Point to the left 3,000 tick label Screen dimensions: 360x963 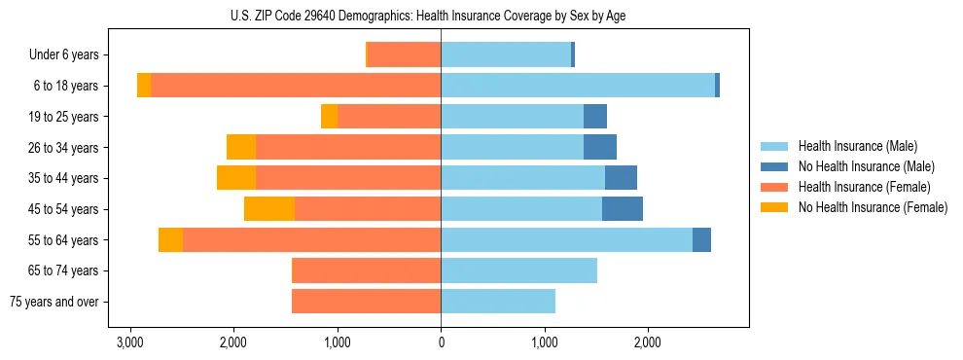[129, 342]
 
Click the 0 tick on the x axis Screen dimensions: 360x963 [441, 342]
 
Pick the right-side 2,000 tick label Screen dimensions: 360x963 [648, 342]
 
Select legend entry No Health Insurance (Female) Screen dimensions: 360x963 [873, 207]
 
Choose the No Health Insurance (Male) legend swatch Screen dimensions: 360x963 [775, 166]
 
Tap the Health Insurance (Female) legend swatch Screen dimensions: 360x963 [775, 187]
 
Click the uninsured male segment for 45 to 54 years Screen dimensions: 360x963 [623, 209]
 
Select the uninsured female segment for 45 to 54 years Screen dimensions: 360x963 [269, 209]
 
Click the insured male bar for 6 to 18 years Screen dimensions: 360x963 [578, 86]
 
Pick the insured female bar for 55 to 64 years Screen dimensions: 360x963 [311, 239]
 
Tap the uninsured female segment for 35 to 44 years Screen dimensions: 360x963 [236, 178]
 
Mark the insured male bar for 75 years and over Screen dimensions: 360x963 [498, 302]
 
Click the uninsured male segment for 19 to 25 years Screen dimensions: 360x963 [595, 117]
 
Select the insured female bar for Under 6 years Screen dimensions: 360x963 [405, 54]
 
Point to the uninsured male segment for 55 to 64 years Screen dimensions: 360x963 [701, 239]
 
